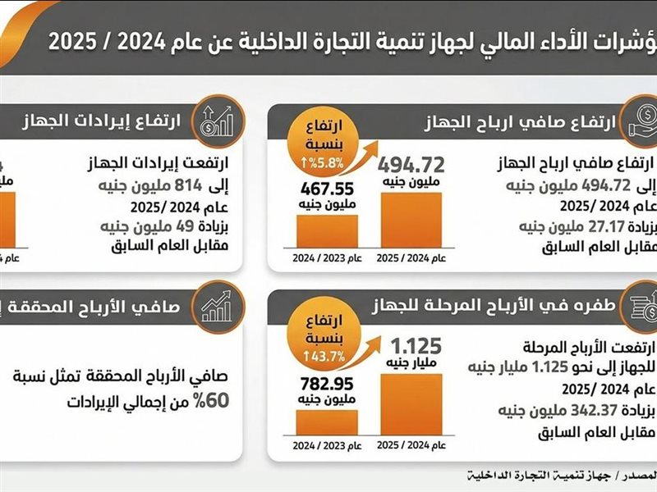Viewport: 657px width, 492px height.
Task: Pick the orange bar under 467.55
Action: click(x=326, y=230)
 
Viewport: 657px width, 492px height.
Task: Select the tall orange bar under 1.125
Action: click(x=411, y=403)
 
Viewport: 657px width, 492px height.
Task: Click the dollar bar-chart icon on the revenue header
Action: click(x=214, y=121)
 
